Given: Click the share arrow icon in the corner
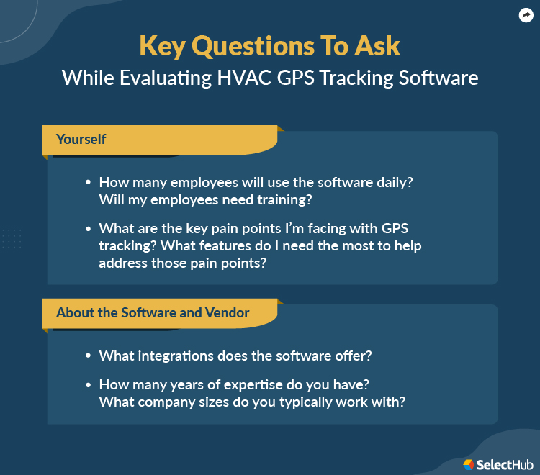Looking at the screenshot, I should pos(526,16).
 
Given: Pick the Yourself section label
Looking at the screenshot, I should pos(81,139).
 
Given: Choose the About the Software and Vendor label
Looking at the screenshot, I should pos(153,312).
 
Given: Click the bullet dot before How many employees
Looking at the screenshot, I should pos(88,184).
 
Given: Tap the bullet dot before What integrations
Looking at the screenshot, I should pos(88,356).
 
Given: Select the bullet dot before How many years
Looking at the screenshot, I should pos(88,385).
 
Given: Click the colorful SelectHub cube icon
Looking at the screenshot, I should pos(469,464).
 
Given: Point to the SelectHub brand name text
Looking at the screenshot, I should pos(502,464).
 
